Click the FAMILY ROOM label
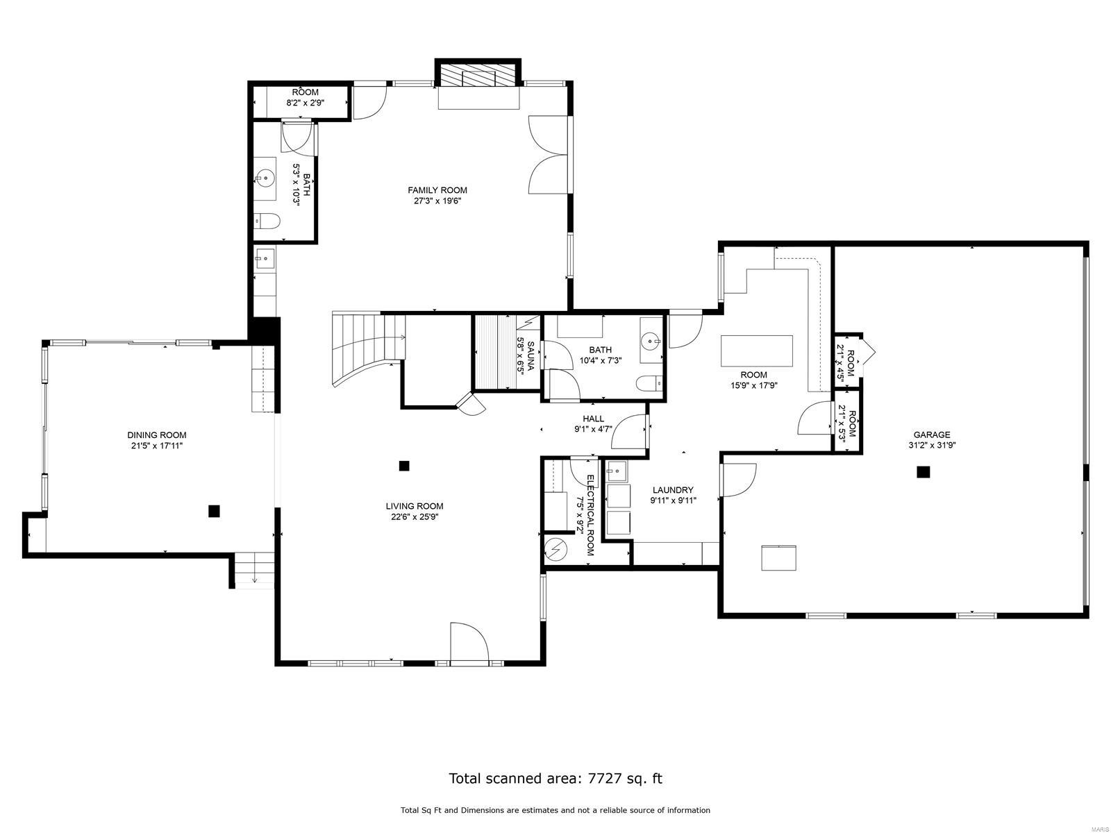coord(437,190)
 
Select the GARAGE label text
coord(931,435)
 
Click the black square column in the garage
coord(923,472)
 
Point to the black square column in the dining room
coord(214,511)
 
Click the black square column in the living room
coord(404,466)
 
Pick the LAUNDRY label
coord(672,490)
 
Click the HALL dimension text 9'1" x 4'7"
coord(593,429)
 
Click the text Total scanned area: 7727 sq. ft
coord(555,778)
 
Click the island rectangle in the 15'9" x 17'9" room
coord(757,351)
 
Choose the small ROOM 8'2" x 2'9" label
coord(305,97)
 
